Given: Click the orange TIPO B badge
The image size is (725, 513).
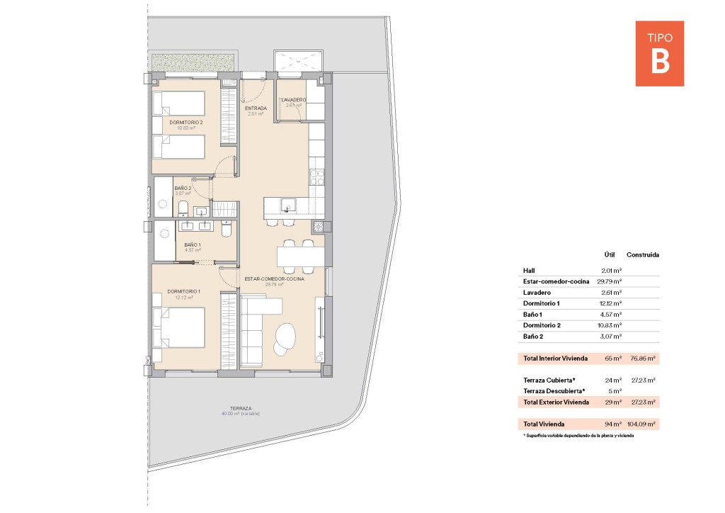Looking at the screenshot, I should [659, 53].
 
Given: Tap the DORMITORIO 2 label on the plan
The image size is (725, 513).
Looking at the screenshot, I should [185, 122].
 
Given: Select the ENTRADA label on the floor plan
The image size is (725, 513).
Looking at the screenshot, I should [256, 108].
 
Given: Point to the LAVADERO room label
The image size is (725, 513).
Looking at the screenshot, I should [293, 100].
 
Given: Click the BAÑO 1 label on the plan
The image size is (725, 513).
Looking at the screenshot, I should [193, 245].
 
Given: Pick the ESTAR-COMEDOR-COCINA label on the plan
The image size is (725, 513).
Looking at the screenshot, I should [275, 279].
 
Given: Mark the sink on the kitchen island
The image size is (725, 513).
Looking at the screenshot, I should [287, 205].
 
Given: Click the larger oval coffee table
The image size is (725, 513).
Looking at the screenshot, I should [287, 334].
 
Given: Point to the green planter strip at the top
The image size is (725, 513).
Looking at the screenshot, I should [193, 62].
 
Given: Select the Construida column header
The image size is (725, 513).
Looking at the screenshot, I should [643, 254].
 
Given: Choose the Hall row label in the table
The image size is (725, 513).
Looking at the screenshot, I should [529, 270].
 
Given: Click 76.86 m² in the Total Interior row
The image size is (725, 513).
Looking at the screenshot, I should [643, 359].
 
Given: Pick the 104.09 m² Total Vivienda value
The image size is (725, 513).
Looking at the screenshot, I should [641, 424].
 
